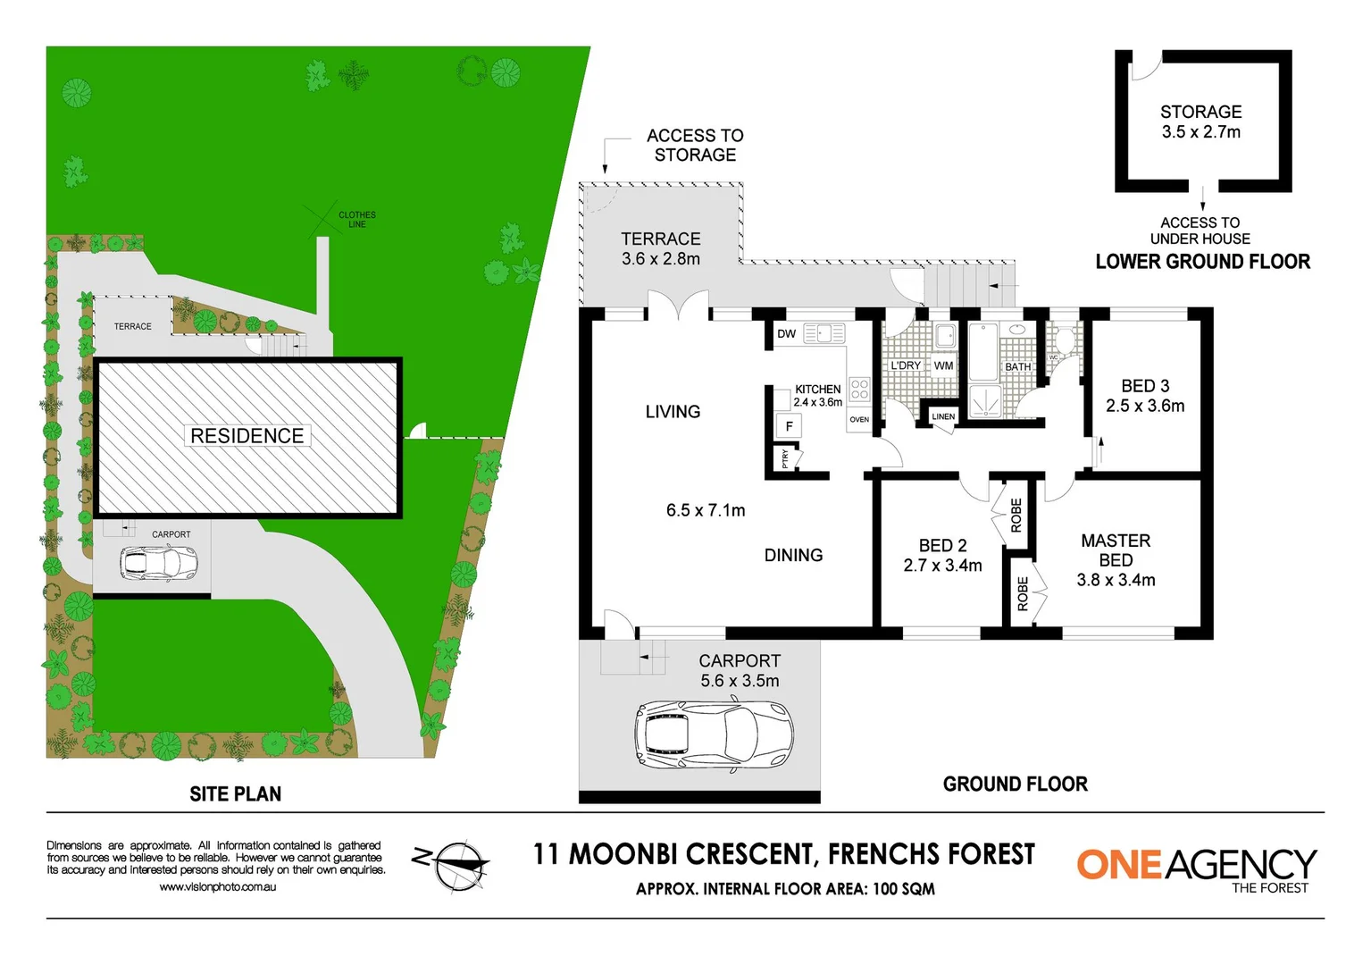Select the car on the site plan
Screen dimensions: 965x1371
(158, 563)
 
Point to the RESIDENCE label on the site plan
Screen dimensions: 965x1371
(247, 436)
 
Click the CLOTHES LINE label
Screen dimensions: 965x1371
(356, 219)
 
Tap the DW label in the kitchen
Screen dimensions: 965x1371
(786, 334)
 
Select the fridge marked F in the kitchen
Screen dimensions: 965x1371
(789, 426)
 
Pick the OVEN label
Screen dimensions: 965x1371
(859, 419)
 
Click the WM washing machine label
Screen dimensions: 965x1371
(943, 365)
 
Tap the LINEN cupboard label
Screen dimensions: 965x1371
(943, 416)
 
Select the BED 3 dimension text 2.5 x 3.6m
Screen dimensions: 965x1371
(1145, 406)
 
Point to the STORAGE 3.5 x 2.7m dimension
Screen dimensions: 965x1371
(1200, 132)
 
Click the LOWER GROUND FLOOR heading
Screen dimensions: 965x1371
(1202, 262)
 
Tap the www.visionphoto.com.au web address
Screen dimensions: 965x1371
(217, 887)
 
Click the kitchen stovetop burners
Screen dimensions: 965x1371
(859, 389)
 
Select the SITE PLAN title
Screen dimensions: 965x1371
(235, 793)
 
